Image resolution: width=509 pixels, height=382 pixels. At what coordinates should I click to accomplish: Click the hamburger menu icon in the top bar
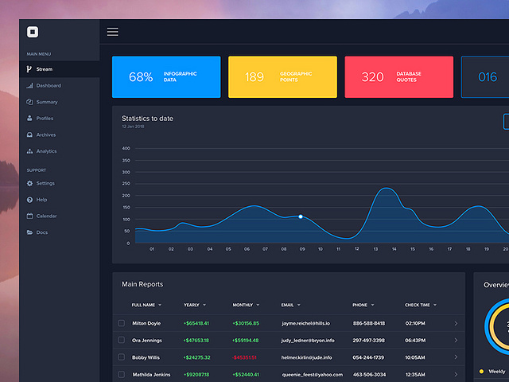click(112, 32)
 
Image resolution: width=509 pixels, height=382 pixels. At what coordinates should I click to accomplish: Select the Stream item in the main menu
click(44, 69)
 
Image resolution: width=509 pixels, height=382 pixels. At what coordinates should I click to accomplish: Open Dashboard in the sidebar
click(48, 85)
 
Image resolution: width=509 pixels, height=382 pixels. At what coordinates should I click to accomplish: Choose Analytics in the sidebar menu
click(46, 150)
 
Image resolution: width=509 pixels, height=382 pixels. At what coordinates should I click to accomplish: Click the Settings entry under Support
click(45, 183)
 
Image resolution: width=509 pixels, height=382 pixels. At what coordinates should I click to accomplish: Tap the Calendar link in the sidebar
click(46, 216)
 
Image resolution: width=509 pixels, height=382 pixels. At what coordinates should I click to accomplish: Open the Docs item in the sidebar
click(41, 232)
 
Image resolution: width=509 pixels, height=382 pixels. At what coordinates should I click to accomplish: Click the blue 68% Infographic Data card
click(165, 77)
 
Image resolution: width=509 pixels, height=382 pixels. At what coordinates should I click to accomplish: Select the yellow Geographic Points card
click(282, 77)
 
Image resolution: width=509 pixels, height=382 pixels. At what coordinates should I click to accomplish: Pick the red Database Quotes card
click(398, 77)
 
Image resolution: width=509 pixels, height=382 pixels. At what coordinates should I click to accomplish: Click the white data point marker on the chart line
click(301, 216)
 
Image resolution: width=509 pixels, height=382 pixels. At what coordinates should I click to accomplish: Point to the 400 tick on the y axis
click(126, 148)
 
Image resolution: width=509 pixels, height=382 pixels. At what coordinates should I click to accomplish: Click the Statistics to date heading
click(147, 119)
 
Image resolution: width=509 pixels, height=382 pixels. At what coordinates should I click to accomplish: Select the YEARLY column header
click(192, 305)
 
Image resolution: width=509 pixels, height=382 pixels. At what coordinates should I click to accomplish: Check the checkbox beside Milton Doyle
click(122, 323)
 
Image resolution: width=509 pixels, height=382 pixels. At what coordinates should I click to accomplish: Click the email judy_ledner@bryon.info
click(308, 341)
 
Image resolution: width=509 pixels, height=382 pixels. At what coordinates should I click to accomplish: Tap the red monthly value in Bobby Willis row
click(245, 357)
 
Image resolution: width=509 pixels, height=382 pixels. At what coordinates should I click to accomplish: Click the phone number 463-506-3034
click(368, 374)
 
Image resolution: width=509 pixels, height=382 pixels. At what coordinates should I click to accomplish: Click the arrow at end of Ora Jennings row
click(456, 341)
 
